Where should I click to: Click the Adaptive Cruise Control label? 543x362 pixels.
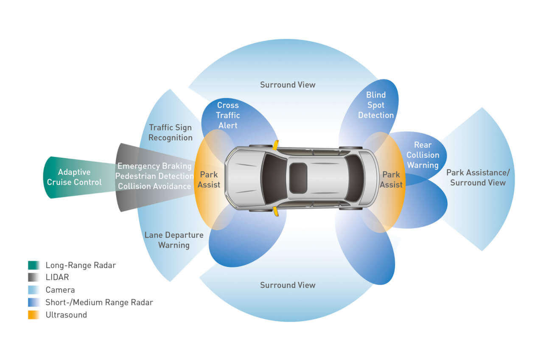point(74,177)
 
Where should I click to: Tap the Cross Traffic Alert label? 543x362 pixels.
point(228,115)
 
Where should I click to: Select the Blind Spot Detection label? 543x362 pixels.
point(376,104)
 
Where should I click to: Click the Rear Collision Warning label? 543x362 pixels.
point(423,155)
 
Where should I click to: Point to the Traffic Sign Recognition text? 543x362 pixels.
point(170,132)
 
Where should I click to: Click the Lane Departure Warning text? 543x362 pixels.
point(174,240)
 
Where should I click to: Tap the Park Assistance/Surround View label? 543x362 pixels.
point(478,177)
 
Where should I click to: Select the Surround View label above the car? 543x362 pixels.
point(288,84)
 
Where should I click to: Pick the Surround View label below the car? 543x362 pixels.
point(288,285)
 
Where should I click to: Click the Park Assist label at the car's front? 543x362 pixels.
point(209,180)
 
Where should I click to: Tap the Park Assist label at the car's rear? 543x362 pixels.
point(391,180)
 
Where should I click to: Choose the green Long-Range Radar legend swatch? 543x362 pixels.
point(34,265)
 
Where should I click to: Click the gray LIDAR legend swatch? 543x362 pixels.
point(34,278)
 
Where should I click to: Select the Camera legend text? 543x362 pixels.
point(60,290)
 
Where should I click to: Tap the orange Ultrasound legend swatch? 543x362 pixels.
point(34,315)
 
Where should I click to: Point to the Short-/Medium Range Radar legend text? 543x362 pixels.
point(99,302)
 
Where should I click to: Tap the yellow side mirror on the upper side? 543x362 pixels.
point(276,145)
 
